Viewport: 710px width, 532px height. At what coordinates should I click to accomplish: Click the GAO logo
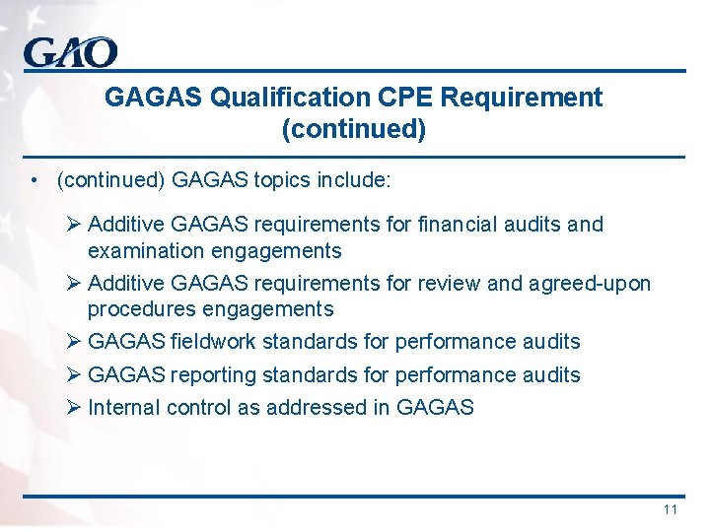(71, 51)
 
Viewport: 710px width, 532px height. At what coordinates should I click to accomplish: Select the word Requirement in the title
(523, 98)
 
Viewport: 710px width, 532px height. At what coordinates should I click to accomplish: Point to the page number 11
(671, 509)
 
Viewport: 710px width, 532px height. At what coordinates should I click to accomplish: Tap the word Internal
(124, 408)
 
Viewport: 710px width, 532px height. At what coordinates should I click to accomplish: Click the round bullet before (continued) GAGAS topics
(35, 181)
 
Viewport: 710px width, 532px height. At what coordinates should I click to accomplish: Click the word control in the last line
(198, 408)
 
